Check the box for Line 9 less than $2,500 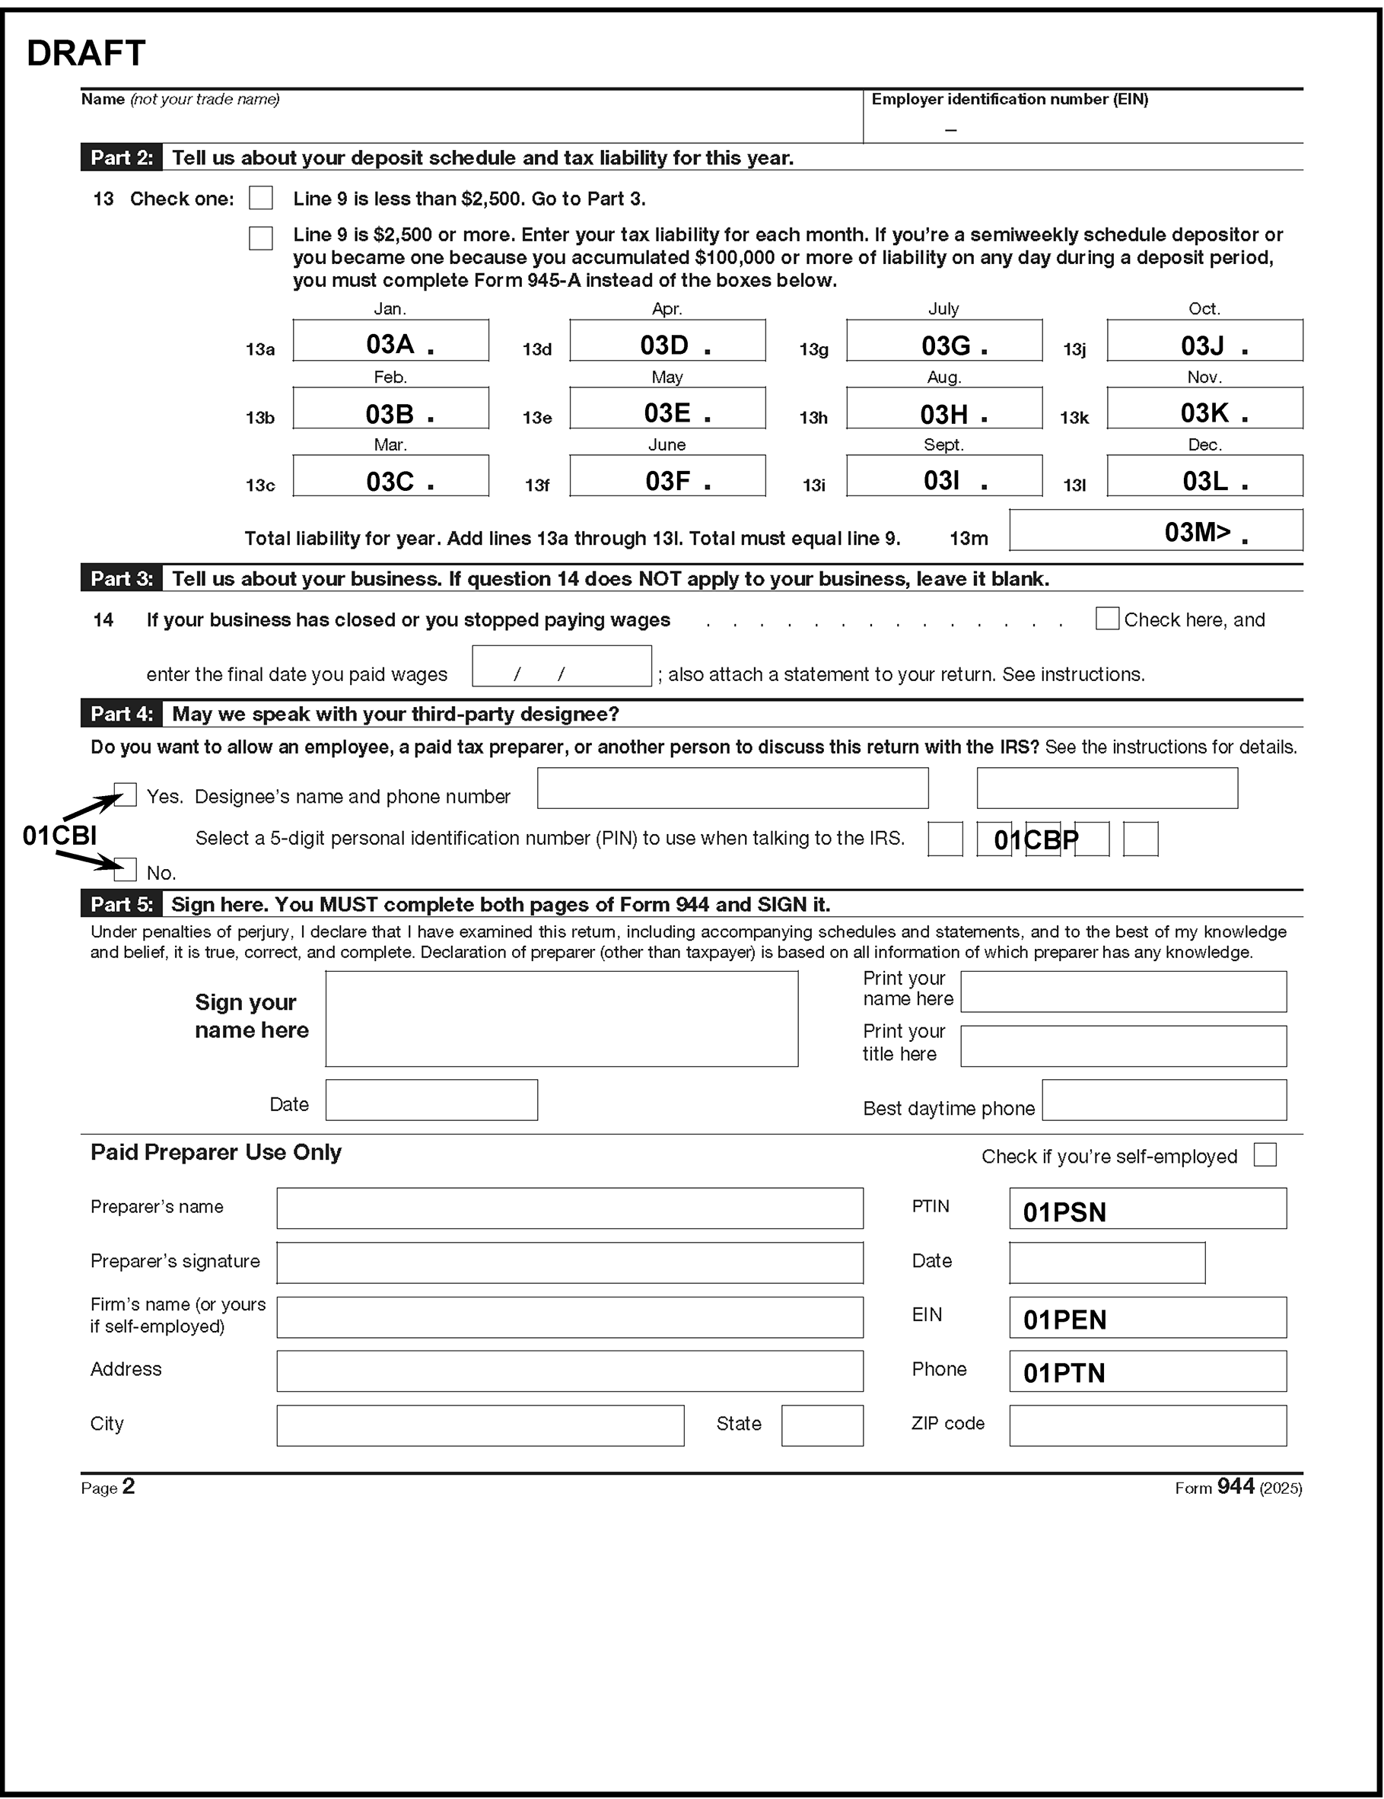click(x=261, y=198)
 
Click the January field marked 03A click(x=390, y=341)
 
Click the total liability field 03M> click(x=1155, y=530)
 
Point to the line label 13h click(x=813, y=418)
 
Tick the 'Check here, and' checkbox click(x=1107, y=619)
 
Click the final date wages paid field click(x=561, y=667)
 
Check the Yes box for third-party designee click(x=126, y=795)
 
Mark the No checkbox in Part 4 click(x=126, y=869)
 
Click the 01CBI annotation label click(x=59, y=836)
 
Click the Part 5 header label click(x=122, y=904)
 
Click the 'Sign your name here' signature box click(x=561, y=1019)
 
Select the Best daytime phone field click(x=1163, y=1100)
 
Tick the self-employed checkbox click(x=1265, y=1155)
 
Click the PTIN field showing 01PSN click(x=1147, y=1208)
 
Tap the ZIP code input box click(x=1147, y=1426)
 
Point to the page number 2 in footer click(x=129, y=1486)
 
